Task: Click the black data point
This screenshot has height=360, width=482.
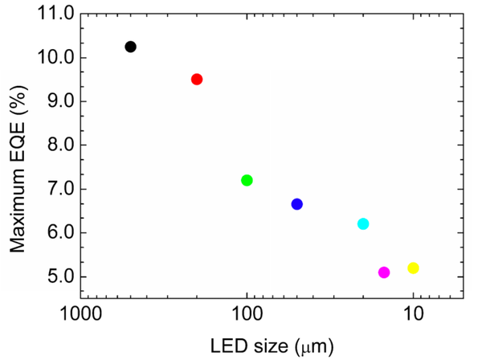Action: [130, 47]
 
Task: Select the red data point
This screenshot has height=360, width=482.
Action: [197, 79]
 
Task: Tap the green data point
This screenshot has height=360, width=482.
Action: [247, 180]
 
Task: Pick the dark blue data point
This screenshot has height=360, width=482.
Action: [297, 204]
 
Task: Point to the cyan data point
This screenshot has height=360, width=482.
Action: [363, 223]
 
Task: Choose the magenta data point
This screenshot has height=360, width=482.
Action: [384, 272]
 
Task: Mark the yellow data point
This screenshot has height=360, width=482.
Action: [414, 268]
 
